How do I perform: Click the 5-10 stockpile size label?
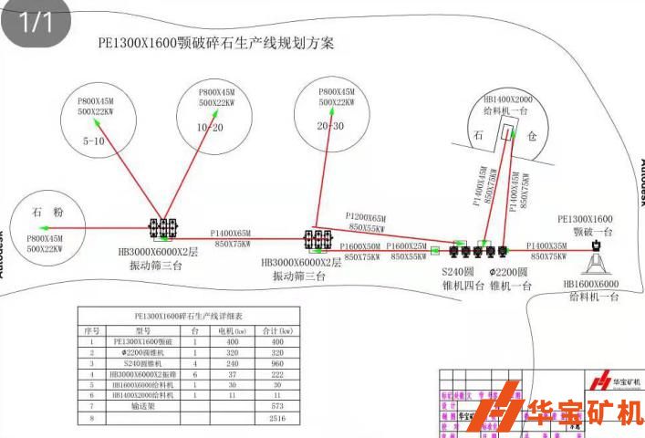tap(94, 141)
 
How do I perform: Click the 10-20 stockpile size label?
tap(210, 127)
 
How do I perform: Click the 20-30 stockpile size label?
tap(330, 127)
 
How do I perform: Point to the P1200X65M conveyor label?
tap(366, 218)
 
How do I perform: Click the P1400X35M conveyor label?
tap(548, 246)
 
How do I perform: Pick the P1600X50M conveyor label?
tap(360, 246)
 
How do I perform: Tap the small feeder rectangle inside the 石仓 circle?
tap(507, 134)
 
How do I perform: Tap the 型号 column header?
tap(142, 330)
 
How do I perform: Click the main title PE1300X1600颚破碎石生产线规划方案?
tap(216, 43)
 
